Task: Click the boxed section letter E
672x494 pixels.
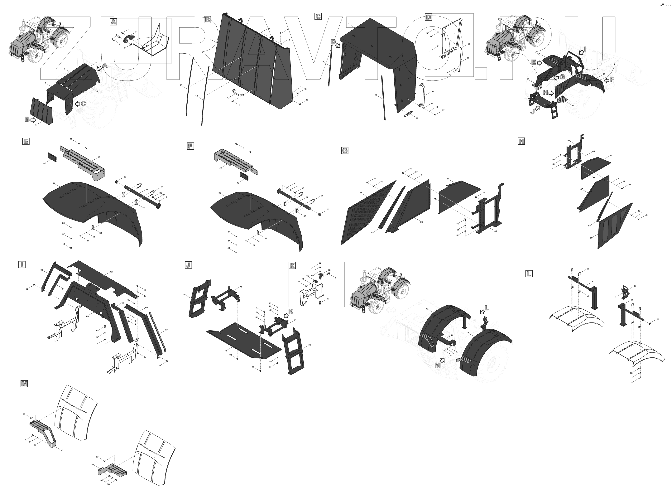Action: coord(26,141)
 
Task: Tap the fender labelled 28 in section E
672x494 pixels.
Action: coord(90,203)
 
